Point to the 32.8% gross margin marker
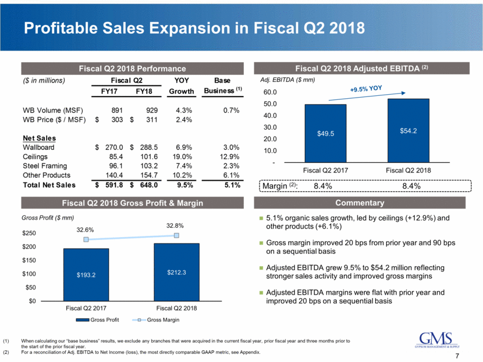[176, 235]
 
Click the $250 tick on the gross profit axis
[28, 234]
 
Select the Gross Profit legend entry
[104, 320]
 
